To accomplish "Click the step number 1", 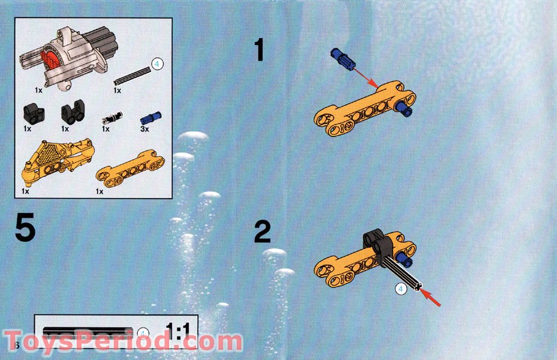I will pos(259,50).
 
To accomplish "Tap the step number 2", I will pos(262,232).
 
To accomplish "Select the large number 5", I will pos(25,229).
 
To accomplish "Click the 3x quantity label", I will pos(144,128).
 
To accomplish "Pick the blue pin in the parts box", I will pos(147,116).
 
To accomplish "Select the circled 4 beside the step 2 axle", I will pos(402,289).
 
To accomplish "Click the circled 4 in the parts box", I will pos(156,65).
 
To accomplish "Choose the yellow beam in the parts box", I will pos(130,170).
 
